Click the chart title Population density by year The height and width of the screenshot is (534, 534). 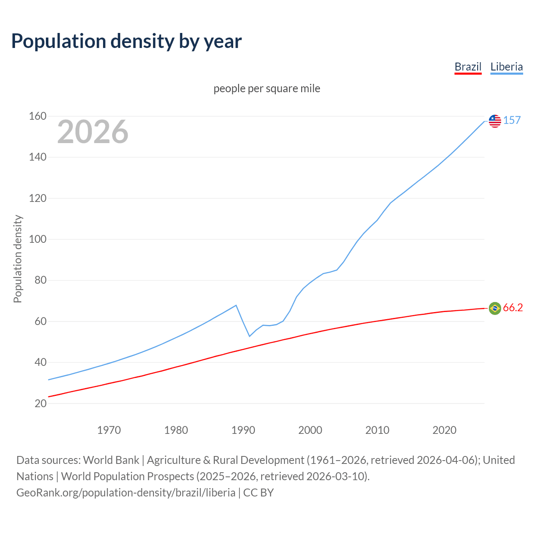click(126, 41)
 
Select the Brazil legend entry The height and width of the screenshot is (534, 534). click(468, 67)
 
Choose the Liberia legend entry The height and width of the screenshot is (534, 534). click(506, 67)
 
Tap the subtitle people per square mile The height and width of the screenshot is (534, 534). click(267, 88)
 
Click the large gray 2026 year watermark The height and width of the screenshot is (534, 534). click(93, 132)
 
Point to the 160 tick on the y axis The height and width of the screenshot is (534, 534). click(38, 116)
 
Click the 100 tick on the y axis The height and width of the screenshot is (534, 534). click(38, 239)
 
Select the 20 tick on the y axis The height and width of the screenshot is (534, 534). click(40, 403)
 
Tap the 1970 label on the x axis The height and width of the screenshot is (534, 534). click(109, 430)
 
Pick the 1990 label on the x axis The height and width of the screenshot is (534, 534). click(243, 430)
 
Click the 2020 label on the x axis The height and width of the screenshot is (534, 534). click(444, 430)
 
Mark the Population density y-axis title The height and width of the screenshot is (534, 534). click(18, 259)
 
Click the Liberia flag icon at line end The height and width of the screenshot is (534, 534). click(495, 121)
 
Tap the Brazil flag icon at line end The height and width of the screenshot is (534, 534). click(495, 308)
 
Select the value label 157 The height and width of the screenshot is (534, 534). click(512, 120)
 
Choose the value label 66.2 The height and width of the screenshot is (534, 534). click(513, 308)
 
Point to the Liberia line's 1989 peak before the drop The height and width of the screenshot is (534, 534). click(237, 305)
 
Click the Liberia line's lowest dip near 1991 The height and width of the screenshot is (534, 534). click(249, 336)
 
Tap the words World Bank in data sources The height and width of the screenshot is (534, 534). click(111, 460)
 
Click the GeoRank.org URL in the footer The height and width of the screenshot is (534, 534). click(126, 493)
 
